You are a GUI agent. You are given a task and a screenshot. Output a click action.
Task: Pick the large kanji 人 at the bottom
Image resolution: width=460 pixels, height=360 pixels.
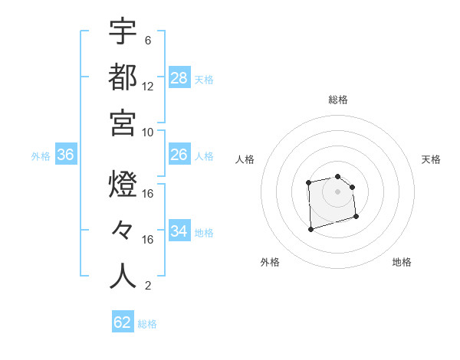123,276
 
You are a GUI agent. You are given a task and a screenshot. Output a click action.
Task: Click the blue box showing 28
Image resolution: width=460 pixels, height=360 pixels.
179,77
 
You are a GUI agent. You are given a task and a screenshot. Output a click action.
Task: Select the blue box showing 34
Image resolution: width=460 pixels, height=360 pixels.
179,231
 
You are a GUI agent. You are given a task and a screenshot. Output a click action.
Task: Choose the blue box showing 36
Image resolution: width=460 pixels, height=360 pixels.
66,155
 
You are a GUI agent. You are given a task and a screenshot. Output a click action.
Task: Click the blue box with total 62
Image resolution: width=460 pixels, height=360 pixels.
123,322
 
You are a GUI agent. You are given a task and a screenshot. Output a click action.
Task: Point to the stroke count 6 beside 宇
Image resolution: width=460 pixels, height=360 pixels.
148,40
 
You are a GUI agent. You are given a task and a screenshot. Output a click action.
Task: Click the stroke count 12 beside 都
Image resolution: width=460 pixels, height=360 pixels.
148,86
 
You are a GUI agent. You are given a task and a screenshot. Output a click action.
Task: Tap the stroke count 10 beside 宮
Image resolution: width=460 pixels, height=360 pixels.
148,132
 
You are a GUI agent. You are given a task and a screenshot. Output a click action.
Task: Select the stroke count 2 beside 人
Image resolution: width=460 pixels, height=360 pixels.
148,286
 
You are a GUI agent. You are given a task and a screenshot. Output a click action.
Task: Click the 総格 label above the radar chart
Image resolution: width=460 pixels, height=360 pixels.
338,100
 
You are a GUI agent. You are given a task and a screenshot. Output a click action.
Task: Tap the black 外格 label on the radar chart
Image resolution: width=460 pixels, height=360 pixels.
270,262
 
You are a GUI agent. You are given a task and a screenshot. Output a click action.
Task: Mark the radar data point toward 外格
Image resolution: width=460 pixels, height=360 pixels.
310,228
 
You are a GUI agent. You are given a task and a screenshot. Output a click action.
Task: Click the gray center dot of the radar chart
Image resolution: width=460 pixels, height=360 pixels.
337,191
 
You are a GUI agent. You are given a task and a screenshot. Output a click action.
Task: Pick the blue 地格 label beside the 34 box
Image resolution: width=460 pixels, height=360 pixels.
204,232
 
